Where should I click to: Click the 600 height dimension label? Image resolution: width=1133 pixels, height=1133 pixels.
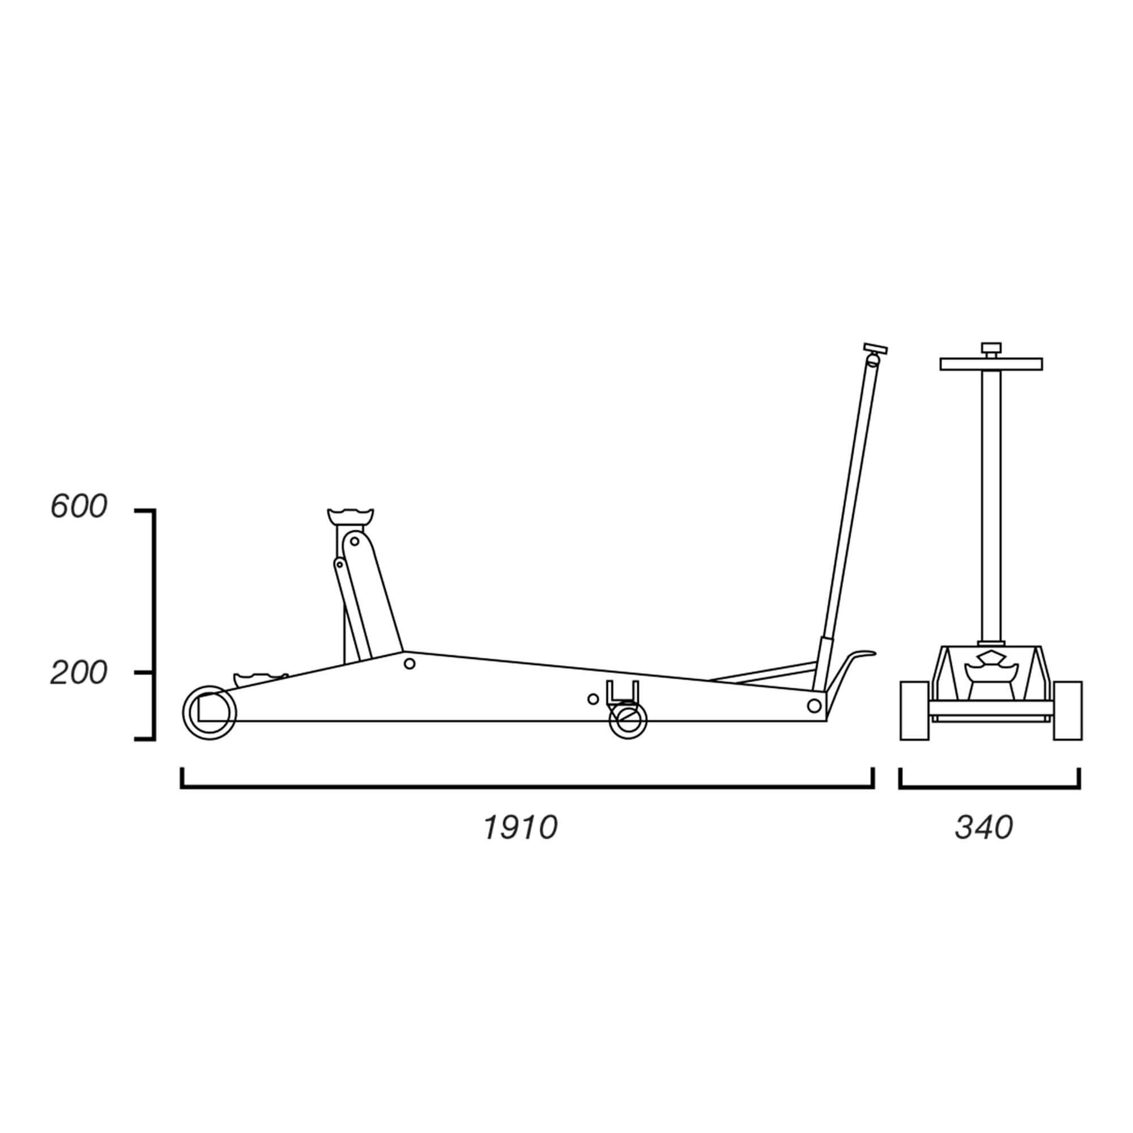click(79, 506)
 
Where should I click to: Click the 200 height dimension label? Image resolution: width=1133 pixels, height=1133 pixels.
click(79, 673)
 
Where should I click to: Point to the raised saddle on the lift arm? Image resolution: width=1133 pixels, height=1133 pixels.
click(351, 518)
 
